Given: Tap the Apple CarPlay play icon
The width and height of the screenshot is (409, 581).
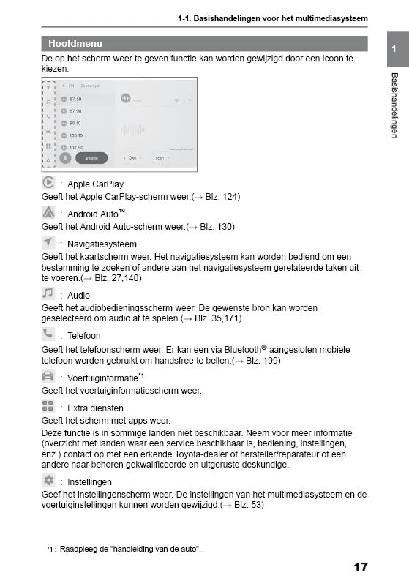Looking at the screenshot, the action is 48,183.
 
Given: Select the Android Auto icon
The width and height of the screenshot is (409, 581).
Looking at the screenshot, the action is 48,213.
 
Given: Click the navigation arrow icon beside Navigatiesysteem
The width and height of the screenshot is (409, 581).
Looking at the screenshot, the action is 48,242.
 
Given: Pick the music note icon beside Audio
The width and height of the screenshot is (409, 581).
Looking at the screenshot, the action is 48,293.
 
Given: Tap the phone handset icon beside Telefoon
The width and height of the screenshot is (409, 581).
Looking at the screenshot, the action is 48,334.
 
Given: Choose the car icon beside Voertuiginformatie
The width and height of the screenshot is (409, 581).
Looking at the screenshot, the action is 48,376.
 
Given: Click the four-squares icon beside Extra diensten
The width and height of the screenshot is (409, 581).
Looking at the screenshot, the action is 48,407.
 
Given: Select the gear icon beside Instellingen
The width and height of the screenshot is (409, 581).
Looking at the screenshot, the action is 48,480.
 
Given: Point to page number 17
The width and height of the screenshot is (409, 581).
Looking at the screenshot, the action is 360,566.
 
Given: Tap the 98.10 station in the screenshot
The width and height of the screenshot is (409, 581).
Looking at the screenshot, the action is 75,123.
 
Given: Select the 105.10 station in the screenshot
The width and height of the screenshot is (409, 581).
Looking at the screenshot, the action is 76,135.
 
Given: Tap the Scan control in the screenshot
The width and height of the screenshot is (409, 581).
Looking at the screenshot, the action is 161,157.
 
